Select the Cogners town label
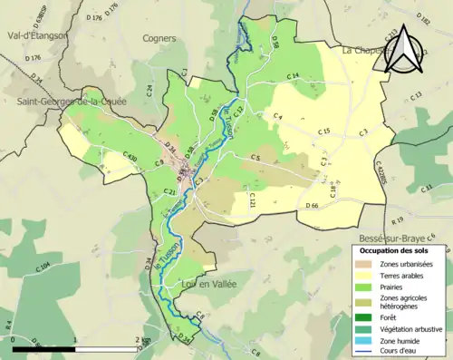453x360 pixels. click(x=159, y=38)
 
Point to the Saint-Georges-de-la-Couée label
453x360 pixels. click(x=71, y=102)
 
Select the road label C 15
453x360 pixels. click(x=323, y=132)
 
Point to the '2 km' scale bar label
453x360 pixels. click(x=140, y=339)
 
